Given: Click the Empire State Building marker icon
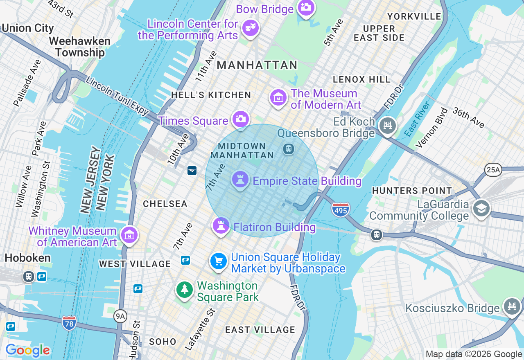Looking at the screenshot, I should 240,179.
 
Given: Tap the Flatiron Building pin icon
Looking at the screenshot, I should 221,225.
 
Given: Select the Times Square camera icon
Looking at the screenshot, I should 240,119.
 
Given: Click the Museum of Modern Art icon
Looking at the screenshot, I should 278,98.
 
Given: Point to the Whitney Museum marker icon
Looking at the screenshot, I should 129,235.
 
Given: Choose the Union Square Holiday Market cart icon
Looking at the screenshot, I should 219,261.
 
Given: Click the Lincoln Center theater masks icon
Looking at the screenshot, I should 250,28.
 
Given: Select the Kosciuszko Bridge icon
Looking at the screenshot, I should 512,306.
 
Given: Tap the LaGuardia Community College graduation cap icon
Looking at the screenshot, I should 481,208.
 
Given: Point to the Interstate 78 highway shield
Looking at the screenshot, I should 69,323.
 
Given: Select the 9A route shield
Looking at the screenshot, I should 120,316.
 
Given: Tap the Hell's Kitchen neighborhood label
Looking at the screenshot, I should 211,95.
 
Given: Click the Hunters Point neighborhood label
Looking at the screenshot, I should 412,191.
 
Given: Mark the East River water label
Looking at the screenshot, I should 417,119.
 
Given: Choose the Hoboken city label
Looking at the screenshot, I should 28,258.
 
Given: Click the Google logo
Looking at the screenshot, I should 28,350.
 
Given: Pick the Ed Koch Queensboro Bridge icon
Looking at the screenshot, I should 387,125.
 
